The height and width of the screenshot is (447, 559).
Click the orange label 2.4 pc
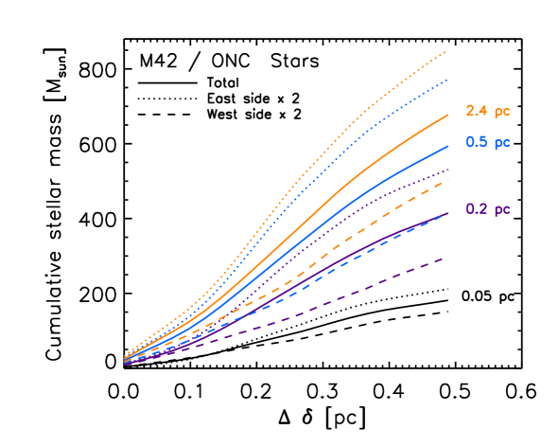pos(487,112)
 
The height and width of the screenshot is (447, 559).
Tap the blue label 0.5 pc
pos(487,143)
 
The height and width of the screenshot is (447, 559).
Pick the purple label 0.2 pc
pos(487,209)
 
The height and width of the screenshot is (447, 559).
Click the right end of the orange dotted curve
pos(446,51)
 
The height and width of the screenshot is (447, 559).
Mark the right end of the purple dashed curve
pos(445,257)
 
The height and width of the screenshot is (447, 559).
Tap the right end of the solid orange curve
pos(448,115)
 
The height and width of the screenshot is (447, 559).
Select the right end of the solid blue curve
pos(448,146)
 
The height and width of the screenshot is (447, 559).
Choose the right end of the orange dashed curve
pos(448,179)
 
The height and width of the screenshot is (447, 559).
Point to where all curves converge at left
pos(125,361)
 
